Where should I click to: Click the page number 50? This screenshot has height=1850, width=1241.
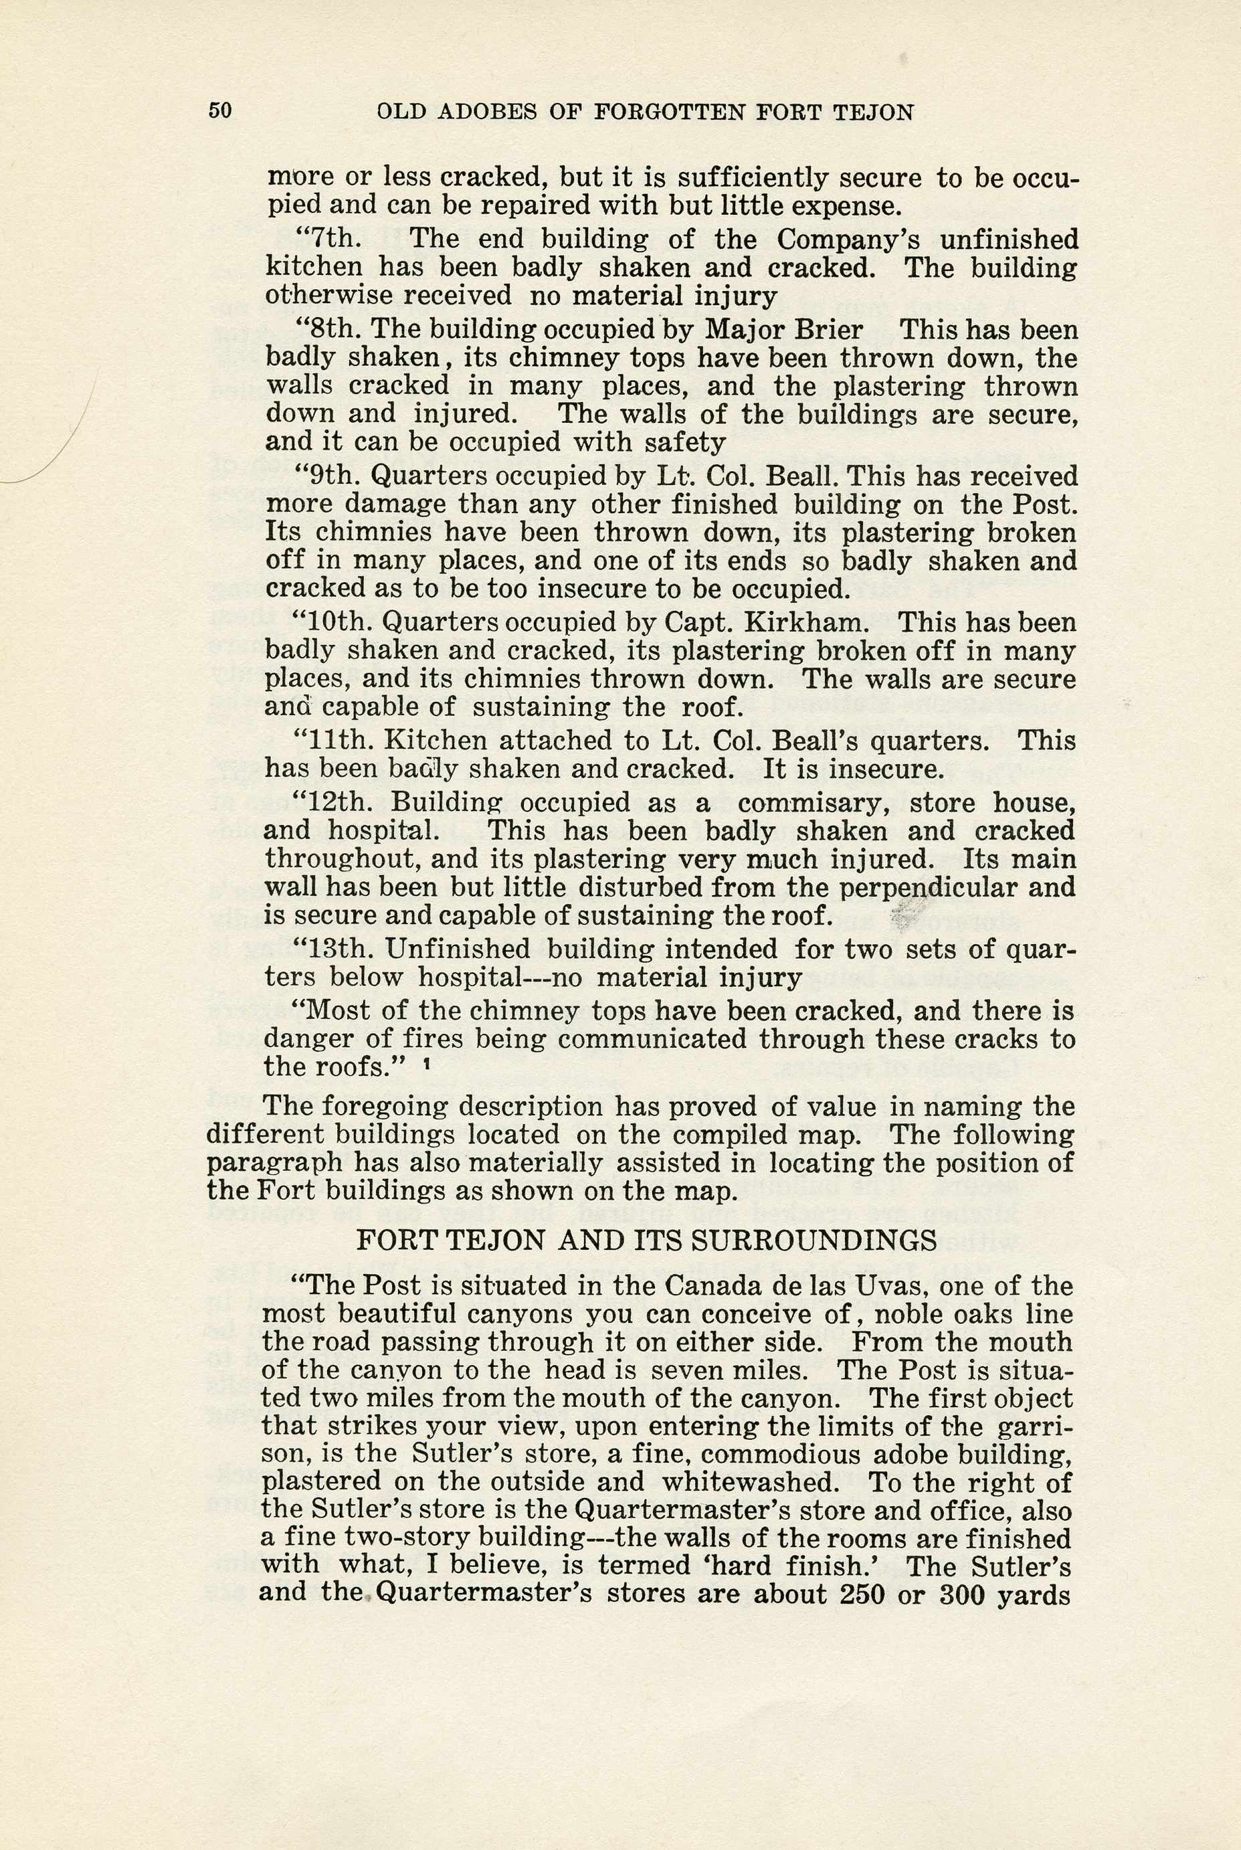point(220,111)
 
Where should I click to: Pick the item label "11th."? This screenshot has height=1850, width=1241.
point(334,741)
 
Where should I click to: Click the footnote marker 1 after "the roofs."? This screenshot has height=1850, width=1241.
point(427,1067)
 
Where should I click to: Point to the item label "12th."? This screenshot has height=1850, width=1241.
point(336,803)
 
